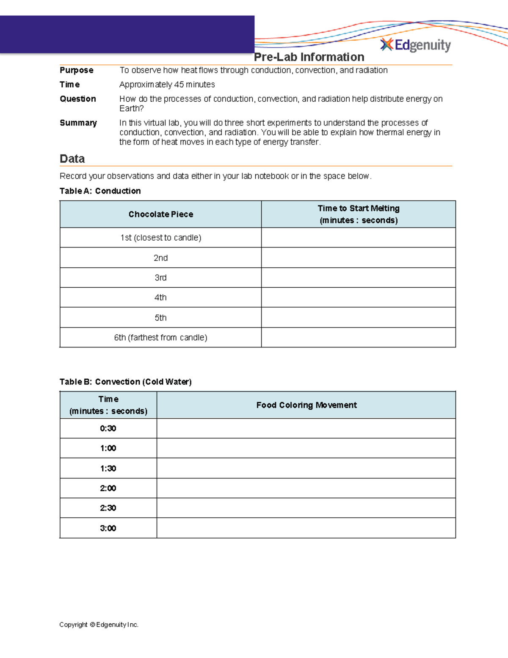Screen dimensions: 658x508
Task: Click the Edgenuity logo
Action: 416,45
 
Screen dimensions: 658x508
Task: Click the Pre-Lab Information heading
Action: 309,57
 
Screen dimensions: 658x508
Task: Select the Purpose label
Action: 77,70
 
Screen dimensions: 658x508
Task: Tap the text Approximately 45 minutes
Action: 167,85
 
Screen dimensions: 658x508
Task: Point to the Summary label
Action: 78,123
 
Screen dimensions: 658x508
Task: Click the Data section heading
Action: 72,159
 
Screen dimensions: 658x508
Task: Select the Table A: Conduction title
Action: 100,191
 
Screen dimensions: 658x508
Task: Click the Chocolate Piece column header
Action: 161,214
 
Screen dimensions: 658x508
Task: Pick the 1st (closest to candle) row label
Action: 161,238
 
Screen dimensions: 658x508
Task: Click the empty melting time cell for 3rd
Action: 359,278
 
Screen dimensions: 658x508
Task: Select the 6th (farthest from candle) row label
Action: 161,338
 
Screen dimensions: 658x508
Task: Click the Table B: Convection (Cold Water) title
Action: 126,382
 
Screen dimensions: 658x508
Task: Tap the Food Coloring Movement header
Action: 306,405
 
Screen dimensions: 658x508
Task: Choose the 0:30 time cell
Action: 108,428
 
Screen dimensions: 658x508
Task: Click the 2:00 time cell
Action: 108,488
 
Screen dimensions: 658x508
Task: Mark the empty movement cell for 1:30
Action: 306,468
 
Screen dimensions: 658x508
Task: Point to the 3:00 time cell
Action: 108,528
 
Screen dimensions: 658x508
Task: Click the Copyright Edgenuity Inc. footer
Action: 99,625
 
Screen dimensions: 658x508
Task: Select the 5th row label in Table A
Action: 161,318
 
